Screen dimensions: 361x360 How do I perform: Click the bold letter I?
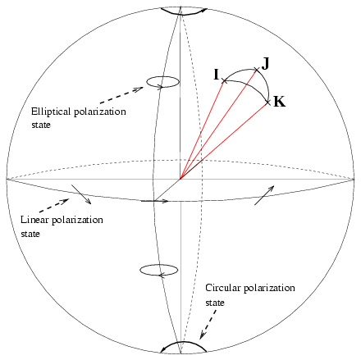[x=217, y=75]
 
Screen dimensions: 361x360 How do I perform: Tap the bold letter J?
[x=265, y=64]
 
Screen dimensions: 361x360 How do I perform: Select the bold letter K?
[x=280, y=102]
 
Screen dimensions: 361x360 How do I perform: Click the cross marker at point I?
[x=224, y=80]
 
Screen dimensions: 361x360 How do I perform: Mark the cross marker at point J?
[x=256, y=70]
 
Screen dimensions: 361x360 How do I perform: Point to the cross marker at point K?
[x=267, y=103]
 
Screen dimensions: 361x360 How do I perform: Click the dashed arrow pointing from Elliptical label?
[x=121, y=95]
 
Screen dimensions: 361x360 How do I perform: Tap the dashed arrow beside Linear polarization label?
[x=54, y=206]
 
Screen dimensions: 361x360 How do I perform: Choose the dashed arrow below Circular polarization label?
[x=208, y=325]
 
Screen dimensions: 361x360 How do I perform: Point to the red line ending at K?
[x=224, y=141]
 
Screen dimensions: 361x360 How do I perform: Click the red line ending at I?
[x=202, y=130]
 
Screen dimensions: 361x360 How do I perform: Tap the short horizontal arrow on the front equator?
[x=155, y=201]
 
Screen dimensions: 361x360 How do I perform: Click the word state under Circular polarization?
[x=215, y=303]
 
